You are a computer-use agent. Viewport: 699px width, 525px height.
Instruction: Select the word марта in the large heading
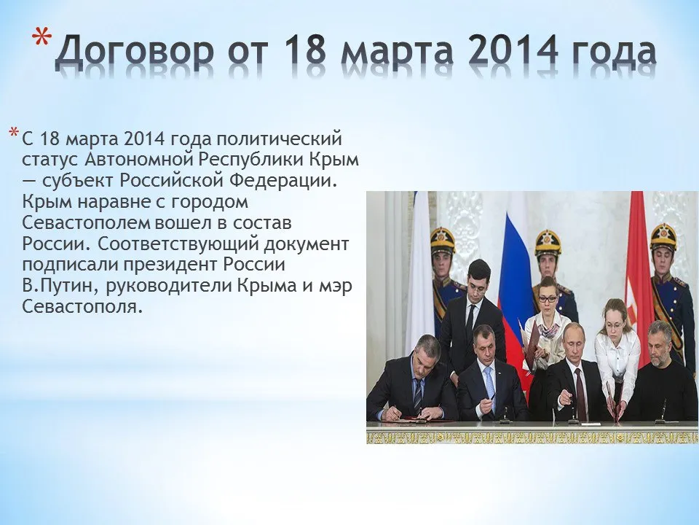coord(398,50)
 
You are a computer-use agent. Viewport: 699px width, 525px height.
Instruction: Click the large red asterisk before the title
coord(42,39)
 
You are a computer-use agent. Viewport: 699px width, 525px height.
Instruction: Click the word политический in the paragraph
coord(280,139)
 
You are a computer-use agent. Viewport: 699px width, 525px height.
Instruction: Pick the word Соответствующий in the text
coord(178,245)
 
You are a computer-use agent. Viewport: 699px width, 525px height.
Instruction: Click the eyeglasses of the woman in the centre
coord(548,299)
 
